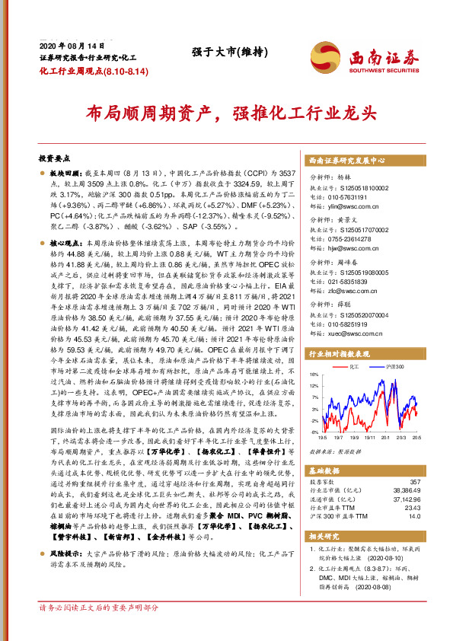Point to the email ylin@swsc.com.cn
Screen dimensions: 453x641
pyautogui.click(x=347, y=208)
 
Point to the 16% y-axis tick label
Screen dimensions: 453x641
pyautogui.click(x=314, y=375)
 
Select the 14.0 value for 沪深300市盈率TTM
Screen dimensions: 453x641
pyautogui.click(x=413, y=515)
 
